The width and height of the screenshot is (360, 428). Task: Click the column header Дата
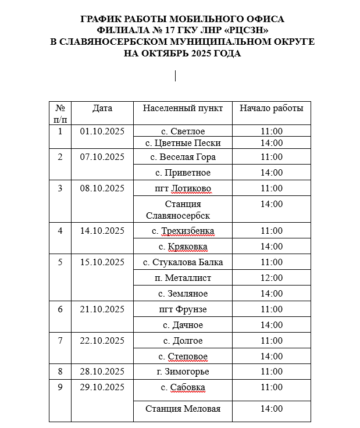(x=102, y=108)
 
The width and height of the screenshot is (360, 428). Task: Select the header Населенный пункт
(x=183, y=108)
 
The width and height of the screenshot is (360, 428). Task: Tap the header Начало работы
(x=272, y=108)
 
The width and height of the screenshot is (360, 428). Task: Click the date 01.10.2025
(x=102, y=131)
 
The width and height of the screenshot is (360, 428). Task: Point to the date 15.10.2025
(x=102, y=262)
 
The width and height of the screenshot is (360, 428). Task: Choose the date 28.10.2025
(x=102, y=372)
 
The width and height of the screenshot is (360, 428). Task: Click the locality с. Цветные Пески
(x=183, y=143)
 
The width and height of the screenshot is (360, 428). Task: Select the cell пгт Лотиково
(x=183, y=188)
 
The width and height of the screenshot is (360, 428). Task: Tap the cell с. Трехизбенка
(x=183, y=231)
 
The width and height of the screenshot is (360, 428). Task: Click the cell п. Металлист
(x=183, y=278)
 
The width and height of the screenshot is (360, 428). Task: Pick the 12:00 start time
(x=272, y=278)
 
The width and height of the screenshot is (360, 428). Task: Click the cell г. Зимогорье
(x=183, y=372)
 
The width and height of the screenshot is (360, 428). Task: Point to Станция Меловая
(x=183, y=409)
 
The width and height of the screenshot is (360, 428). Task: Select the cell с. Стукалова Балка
(x=183, y=262)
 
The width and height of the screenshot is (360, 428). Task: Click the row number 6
(x=60, y=309)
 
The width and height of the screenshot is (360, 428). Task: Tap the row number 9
(x=60, y=387)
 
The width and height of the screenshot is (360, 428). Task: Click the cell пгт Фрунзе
(x=183, y=309)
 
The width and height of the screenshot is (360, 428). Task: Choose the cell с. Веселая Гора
(x=183, y=157)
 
